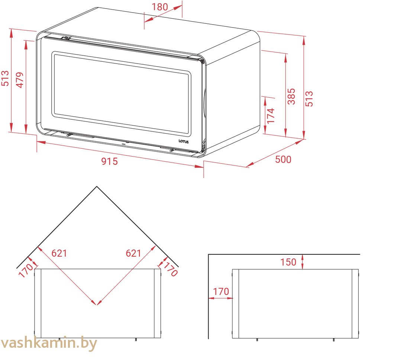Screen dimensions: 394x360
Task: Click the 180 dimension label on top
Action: pos(160,7)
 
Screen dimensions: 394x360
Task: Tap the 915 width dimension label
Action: pos(109,161)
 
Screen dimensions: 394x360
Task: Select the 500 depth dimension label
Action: pos(283,160)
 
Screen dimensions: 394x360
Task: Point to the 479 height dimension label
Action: pos(20,80)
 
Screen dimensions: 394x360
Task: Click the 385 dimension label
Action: pos(291,96)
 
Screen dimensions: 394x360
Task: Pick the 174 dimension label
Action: pos(271,116)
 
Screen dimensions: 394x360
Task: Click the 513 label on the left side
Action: pos(5,78)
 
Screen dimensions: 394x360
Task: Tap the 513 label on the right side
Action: pos(309,99)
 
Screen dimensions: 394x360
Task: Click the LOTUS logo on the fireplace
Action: pos(183,142)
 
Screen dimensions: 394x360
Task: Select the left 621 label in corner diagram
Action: pos(59,253)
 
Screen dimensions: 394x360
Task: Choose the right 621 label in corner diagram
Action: pos(133,253)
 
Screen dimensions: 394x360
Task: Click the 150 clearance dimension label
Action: pos(288,262)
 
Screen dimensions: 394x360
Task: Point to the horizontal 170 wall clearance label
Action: pos(221,291)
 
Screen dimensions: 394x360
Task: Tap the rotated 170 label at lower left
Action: pos(26,270)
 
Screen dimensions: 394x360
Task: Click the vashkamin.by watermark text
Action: pos(49,343)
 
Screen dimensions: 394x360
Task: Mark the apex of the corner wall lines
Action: pos(97,186)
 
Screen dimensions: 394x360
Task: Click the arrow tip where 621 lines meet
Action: pos(97,305)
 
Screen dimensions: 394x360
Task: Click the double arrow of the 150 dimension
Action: pos(302,262)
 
